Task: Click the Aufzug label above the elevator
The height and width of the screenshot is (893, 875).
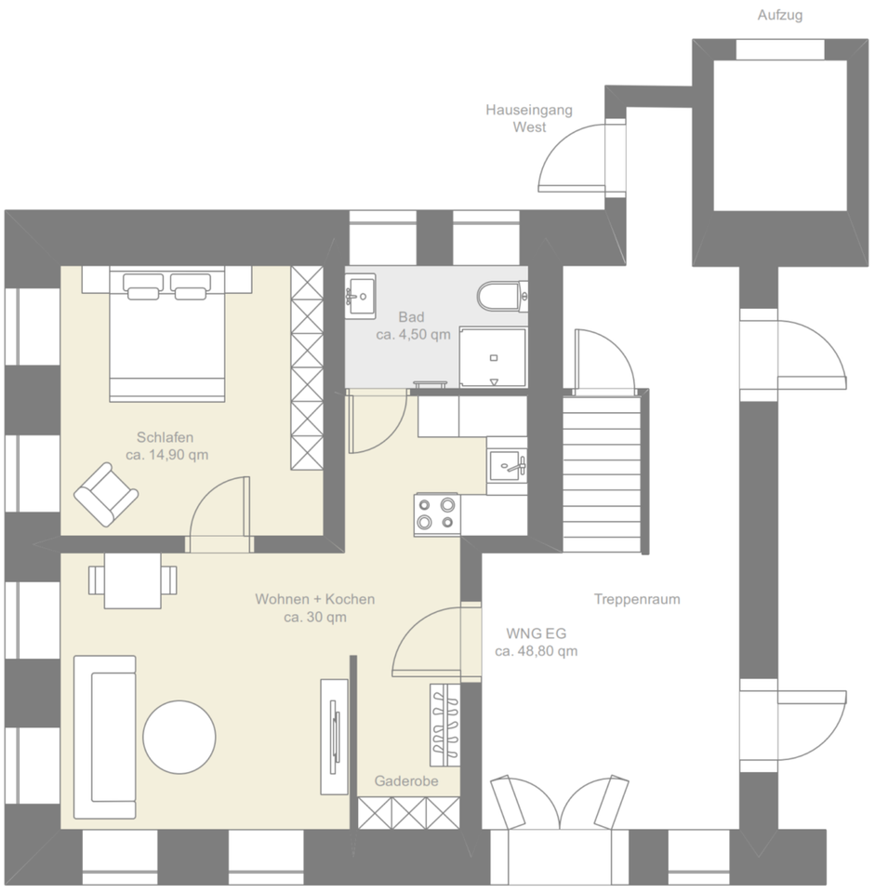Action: click(779, 16)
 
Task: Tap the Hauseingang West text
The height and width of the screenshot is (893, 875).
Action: click(529, 118)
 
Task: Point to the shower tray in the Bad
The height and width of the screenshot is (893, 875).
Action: click(493, 357)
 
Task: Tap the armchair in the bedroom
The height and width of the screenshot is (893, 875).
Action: click(104, 493)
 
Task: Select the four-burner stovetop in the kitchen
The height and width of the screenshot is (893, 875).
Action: click(437, 514)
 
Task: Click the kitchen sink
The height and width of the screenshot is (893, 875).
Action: click(507, 461)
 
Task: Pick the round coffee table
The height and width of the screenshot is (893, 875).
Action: click(179, 737)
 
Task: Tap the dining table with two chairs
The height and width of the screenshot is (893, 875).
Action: click(132, 580)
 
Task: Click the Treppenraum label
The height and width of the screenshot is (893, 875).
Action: click(637, 600)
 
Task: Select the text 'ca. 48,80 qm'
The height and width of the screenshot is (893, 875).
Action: click(536, 651)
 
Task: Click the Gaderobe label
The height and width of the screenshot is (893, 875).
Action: click(406, 781)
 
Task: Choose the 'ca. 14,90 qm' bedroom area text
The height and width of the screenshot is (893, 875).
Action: click(166, 455)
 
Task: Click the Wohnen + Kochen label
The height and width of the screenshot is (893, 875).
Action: click(315, 600)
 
